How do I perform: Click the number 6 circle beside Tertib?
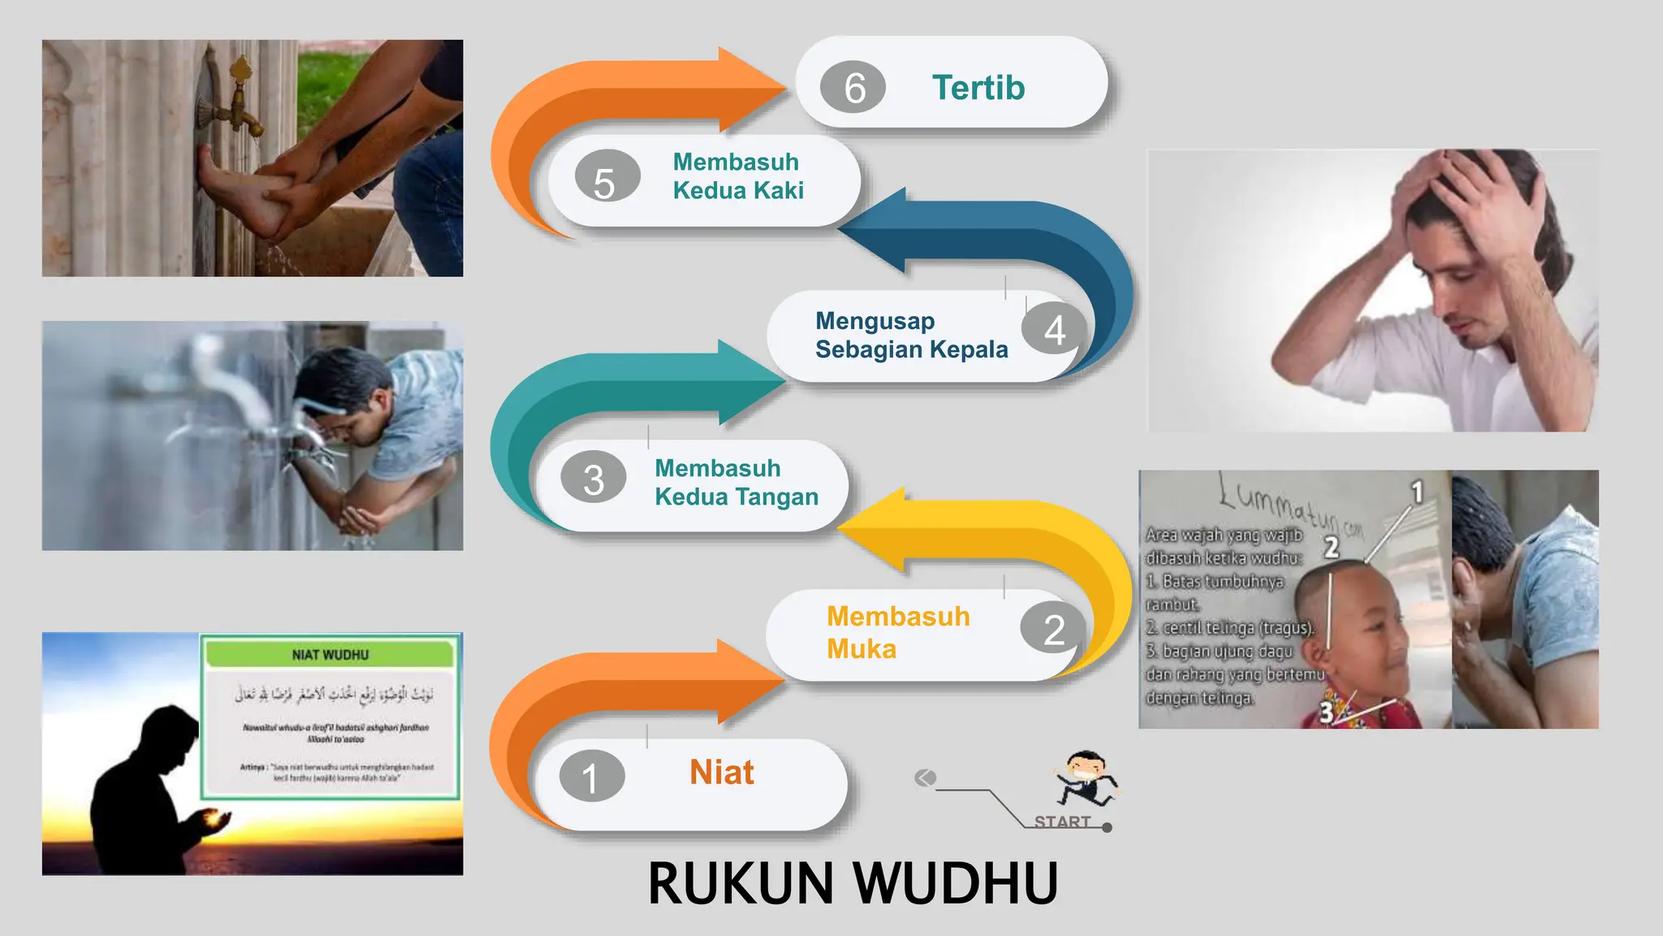(853, 87)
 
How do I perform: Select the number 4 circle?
(1054, 329)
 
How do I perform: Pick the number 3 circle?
(593, 479)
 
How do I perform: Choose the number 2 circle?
(1054, 630)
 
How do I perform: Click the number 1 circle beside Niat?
(591, 777)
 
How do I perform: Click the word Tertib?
(978, 88)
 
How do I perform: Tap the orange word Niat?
(722, 772)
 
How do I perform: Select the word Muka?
(862, 649)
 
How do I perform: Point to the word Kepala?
(969, 349)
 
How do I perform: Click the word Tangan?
(777, 496)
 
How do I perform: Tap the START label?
(1062, 821)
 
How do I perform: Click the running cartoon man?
(1086, 778)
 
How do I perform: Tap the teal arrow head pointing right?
(749, 383)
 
